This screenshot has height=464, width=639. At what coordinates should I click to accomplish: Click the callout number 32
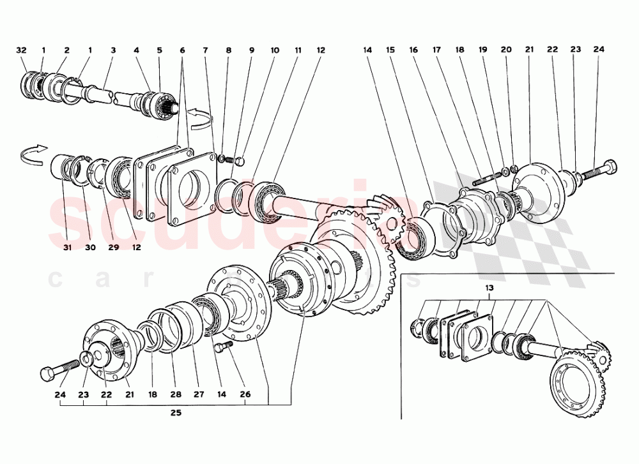point(22,50)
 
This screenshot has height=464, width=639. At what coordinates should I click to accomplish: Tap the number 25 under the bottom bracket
point(176,413)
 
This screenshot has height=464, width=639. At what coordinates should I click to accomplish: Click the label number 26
point(245,395)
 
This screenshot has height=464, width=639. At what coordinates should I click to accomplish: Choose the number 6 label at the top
point(182,50)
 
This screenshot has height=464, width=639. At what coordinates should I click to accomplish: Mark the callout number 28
point(173,395)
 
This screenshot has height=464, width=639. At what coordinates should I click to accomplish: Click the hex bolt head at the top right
point(610,168)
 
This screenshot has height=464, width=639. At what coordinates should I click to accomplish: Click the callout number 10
point(275,50)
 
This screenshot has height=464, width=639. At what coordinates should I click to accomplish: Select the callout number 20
point(507,50)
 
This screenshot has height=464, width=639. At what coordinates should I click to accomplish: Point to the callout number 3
point(112,50)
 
